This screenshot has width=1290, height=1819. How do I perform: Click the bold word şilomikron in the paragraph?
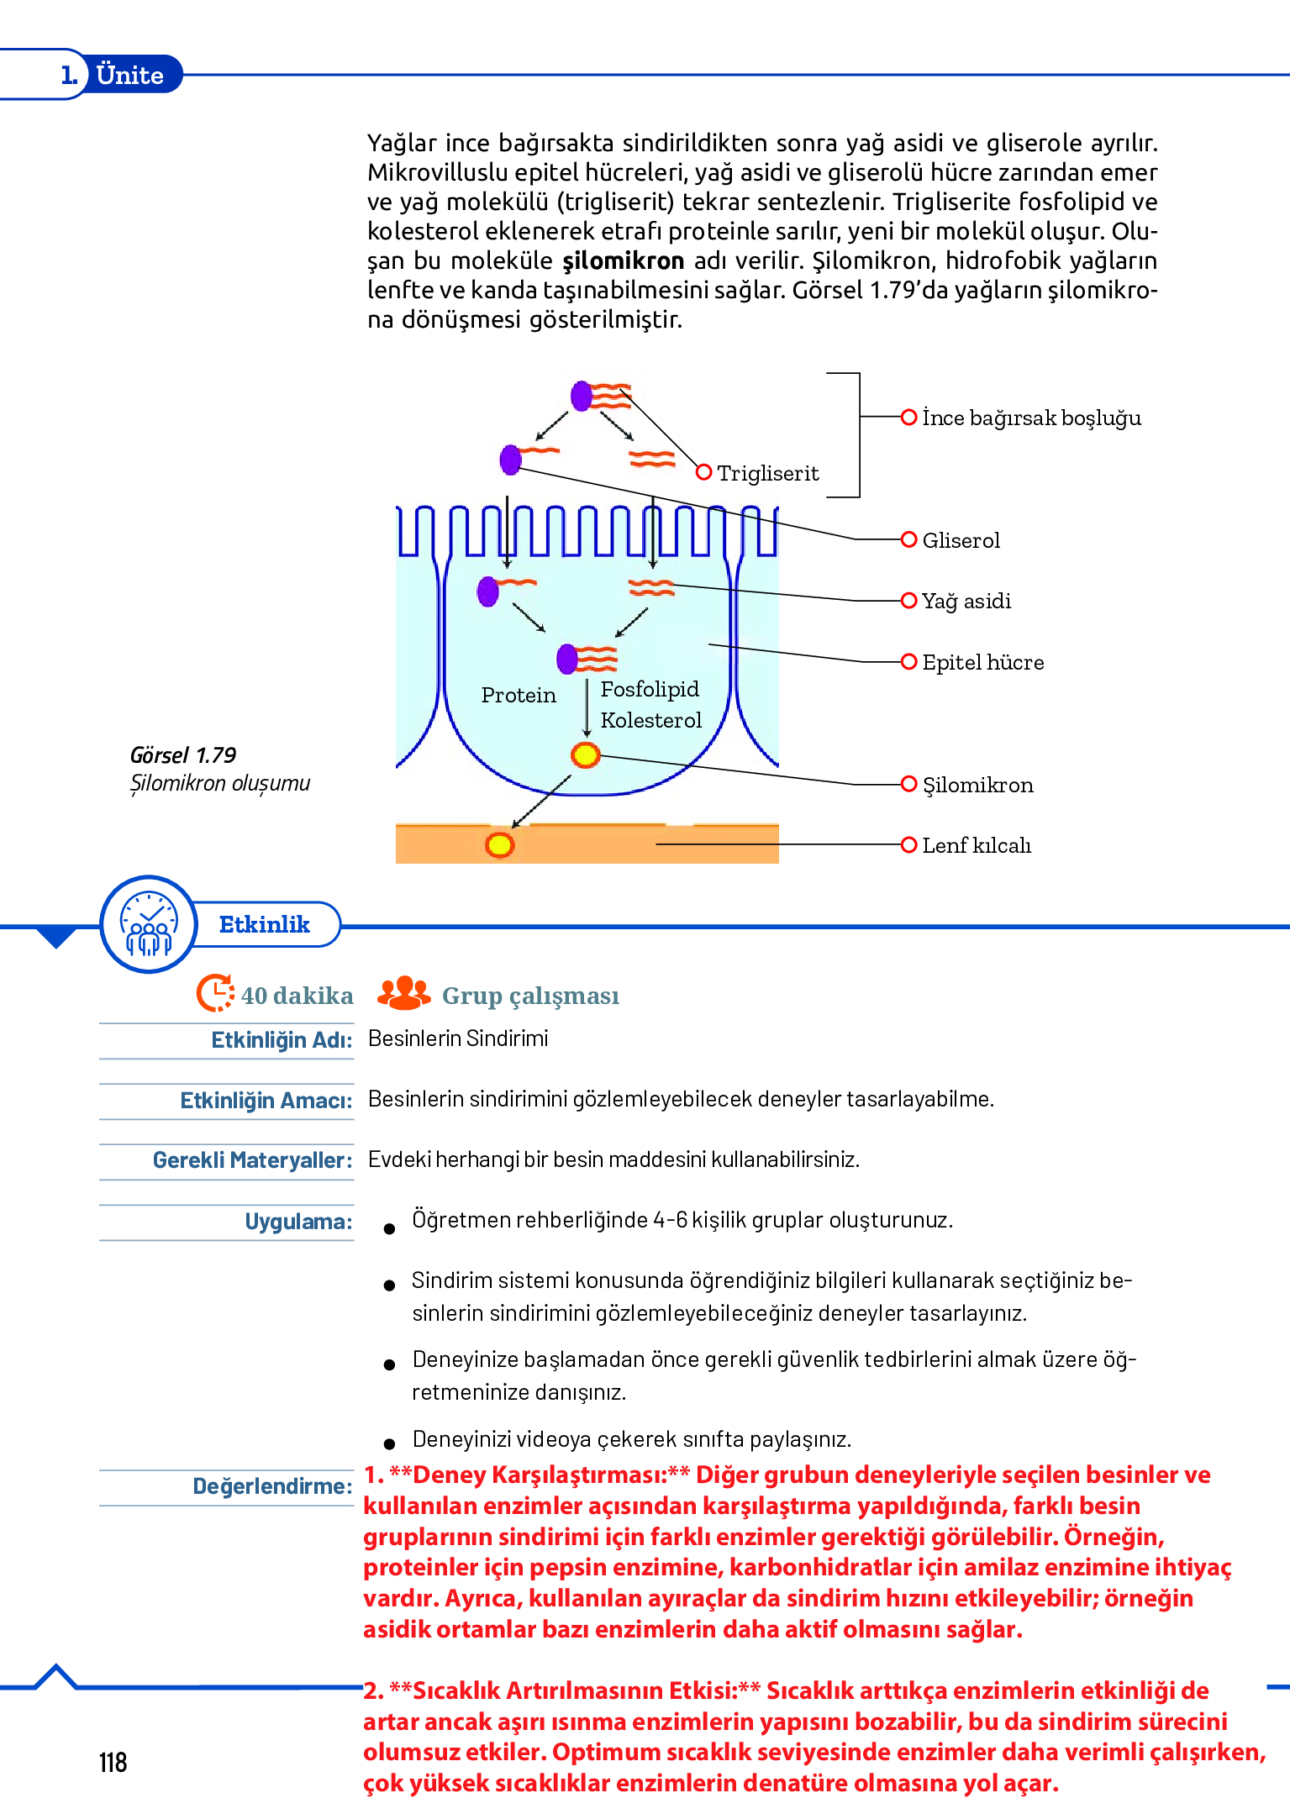coord(623,260)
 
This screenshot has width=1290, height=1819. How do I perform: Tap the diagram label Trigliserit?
coord(767,473)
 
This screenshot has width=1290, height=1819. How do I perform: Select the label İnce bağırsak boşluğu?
coord(1031,418)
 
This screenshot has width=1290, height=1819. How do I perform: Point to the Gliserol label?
coord(961,540)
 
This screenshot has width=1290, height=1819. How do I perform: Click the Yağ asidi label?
coord(966,601)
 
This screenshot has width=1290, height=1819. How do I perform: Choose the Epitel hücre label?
coord(982,662)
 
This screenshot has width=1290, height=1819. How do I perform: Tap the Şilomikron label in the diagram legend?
coord(977,785)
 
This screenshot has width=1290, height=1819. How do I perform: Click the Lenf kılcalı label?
coord(977,845)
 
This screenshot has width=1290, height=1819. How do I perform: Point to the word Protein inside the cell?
coord(519,695)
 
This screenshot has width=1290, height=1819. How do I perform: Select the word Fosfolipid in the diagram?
coord(650,689)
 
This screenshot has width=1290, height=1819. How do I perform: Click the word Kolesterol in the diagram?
coord(651,720)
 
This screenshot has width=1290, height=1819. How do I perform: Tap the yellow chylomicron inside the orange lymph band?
coord(499,844)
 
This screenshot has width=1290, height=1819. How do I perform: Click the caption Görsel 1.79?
coord(183,754)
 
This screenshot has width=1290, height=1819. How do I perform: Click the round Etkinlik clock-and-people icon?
coord(149,924)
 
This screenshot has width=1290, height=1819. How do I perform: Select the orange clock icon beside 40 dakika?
coord(215,994)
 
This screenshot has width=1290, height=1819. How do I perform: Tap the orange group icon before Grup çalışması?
coord(403,993)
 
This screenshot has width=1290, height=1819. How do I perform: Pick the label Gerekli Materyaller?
coord(252,1160)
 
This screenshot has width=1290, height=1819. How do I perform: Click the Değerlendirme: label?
coord(272,1486)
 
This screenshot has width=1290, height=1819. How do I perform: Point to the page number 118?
coord(113,1762)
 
